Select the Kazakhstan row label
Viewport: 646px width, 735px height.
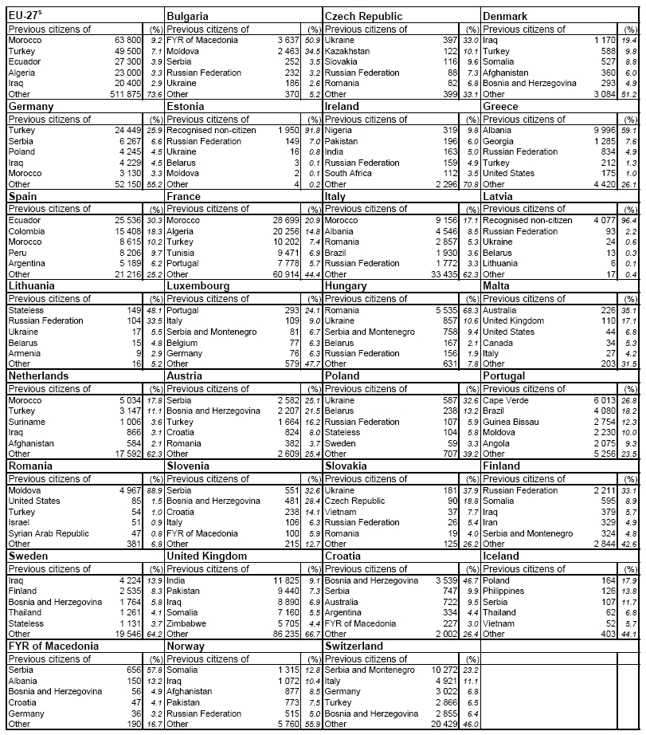pyautogui.click(x=349, y=50)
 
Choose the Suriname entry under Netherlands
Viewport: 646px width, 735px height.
pyautogui.click(x=27, y=422)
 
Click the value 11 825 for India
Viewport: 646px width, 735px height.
pyautogui.click(x=284, y=580)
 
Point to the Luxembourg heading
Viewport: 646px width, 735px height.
pyautogui.click(x=198, y=285)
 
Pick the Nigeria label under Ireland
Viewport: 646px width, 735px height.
pyautogui.click(x=338, y=130)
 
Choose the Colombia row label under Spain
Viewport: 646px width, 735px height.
pyautogui.click(x=27, y=230)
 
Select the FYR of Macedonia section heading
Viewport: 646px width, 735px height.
pyautogui.click(x=54, y=647)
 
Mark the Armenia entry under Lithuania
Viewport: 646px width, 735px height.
pyautogui.click(x=25, y=352)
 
